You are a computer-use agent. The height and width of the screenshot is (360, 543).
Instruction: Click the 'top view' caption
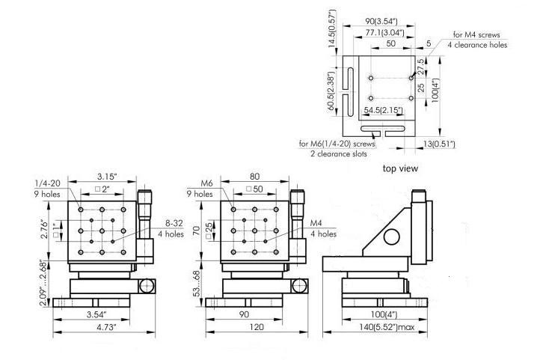400,168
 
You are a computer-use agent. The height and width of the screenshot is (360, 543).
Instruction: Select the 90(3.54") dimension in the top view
381,21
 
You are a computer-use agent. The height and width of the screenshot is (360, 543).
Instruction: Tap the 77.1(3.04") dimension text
384,33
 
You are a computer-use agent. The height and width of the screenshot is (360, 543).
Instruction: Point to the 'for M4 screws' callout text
476,34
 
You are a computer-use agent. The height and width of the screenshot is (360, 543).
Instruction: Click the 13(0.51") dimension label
439,144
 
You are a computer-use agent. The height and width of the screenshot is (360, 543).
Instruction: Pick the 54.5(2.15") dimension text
384,111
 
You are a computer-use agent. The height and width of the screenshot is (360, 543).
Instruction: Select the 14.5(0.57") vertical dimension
332,28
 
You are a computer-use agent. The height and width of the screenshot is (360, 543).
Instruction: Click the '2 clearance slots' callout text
338,154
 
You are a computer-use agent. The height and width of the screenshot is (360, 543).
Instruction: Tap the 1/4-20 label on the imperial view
47,183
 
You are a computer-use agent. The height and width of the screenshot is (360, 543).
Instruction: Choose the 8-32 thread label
174,224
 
